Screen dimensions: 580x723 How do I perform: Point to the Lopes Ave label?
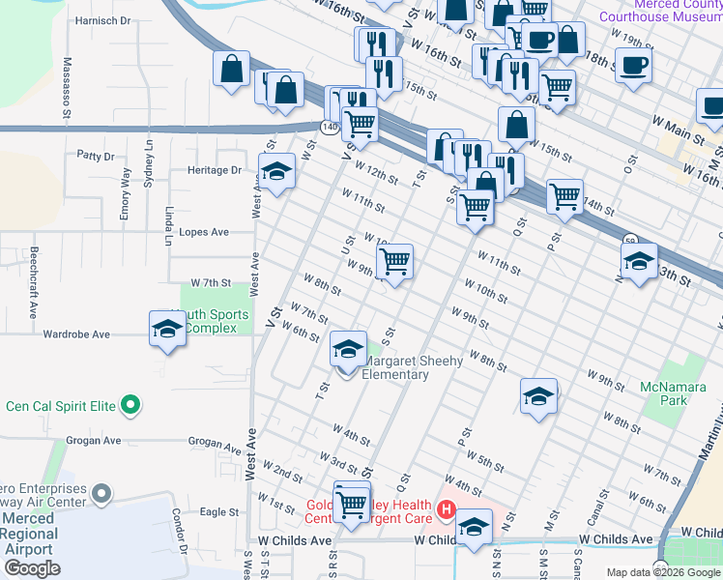tap(205, 232)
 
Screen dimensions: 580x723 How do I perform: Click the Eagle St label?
tap(219, 512)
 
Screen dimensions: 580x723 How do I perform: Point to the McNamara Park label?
tap(673, 393)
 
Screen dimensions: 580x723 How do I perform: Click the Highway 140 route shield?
tap(330, 127)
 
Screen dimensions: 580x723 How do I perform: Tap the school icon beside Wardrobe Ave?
tap(167, 330)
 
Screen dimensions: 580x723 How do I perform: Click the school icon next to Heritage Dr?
tap(277, 172)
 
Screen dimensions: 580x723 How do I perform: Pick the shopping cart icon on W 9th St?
tap(394, 261)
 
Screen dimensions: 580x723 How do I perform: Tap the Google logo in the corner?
tap(32, 568)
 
